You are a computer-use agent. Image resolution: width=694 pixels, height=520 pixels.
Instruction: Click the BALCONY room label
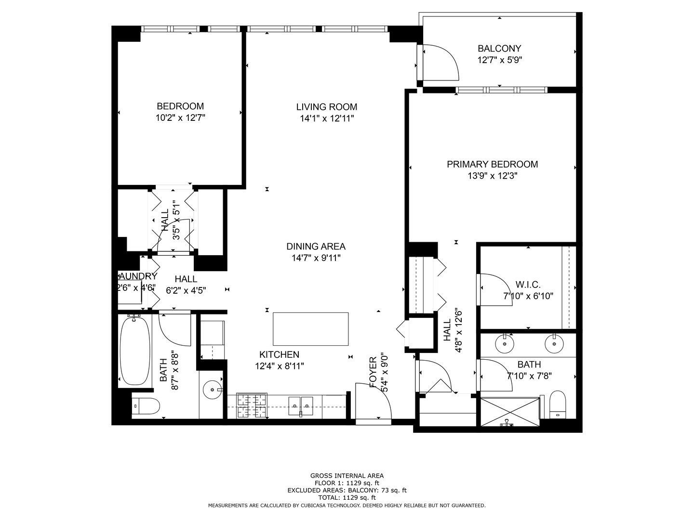pyautogui.click(x=499, y=49)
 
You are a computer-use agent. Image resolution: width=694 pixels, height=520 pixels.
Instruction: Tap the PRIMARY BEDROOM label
pyautogui.click(x=492, y=164)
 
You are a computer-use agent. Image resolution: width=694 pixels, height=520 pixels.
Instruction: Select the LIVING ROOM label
pyautogui.click(x=327, y=107)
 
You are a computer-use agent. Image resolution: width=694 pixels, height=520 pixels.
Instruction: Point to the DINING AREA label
pyautogui.click(x=316, y=247)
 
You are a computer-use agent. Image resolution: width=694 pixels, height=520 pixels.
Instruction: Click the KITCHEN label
pyautogui.click(x=279, y=354)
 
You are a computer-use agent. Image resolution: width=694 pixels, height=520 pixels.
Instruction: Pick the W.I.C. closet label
pyautogui.click(x=528, y=285)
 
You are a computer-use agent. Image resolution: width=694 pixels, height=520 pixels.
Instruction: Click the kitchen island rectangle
pyautogui.click(x=310, y=329)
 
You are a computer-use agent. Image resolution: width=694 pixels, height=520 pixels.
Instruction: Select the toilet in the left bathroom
pyautogui.click(x=146, y=406)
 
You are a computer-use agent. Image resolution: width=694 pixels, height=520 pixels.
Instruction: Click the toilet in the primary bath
pyautogui.click(x=558, y=404)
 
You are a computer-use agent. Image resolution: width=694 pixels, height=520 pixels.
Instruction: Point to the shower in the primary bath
pyautogui.click(x=510, y=411)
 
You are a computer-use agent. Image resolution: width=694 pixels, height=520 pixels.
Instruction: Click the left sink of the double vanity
pyautogui.click(x=505, y=344)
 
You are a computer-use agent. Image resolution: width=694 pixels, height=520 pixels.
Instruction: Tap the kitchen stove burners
pyautogui.click(x=251, y=405)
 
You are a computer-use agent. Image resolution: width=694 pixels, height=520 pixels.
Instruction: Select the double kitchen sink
pyautogui.click(x=301, y=405)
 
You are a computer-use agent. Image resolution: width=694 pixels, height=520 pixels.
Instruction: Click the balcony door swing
pyautogui.click(x=440, y=62)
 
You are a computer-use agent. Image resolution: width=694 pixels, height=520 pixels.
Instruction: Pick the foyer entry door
pyautogui.click(x=373, y=402)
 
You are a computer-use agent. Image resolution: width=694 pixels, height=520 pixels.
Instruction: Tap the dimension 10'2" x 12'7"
pyautogui.click(x=180, y=118)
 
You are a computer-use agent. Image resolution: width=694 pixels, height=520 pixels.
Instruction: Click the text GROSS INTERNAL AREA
pyautogui.click(x=347, y=476)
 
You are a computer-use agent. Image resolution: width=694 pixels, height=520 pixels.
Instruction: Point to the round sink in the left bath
pyautogui.click(x=211, y=389)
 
